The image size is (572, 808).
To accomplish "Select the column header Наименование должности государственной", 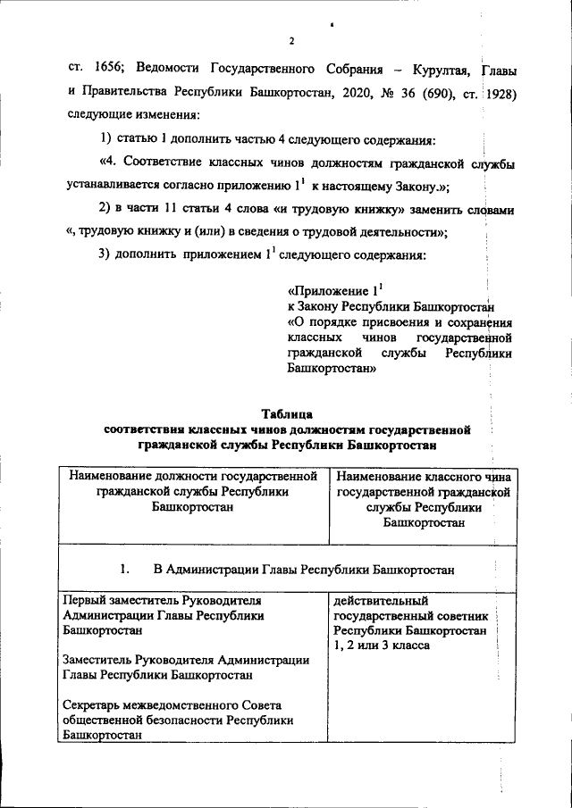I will [x=194, y=477].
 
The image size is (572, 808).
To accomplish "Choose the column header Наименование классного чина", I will [x=424, y=477].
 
